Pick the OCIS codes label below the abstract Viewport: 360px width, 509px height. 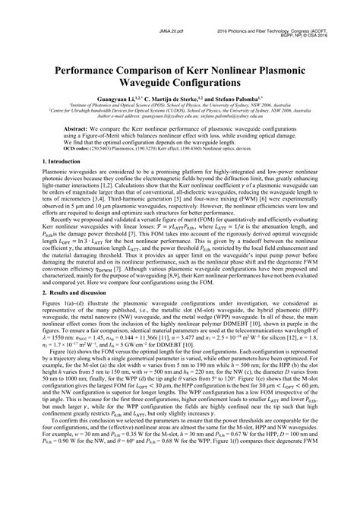(x=79, y=150)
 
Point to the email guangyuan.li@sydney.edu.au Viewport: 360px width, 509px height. (x=170, y=116)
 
